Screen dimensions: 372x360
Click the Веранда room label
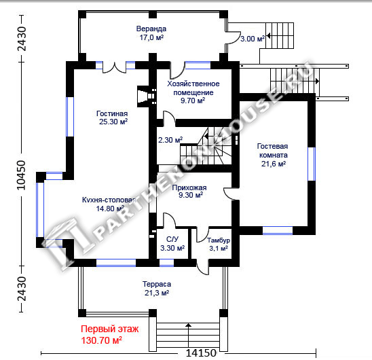tap(151, 29)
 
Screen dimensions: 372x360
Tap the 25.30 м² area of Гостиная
tap(113, 122)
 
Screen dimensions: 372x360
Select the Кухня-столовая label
tap(109, 200)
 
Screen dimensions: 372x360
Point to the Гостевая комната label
tap(273, 151)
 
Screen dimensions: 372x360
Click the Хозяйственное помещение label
tap(193, 88)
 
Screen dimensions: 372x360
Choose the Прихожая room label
tap(189, 187)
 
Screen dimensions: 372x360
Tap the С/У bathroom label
tap(172, 239)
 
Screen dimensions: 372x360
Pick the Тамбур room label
tap(219, 240)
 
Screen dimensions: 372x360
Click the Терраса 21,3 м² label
tap(157, 288)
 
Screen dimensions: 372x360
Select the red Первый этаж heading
tap(109, 329)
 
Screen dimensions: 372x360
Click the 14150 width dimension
tap(201, 353)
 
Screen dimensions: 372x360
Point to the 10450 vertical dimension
tap(21, 175)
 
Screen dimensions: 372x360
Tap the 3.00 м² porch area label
tap(253, 39)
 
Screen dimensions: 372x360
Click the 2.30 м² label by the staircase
tap(170, 140)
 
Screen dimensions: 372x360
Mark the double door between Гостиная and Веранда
tap(114, 67)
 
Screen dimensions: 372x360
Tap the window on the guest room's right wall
tap(312, 164)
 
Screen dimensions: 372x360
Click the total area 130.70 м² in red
tap(102, 340)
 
